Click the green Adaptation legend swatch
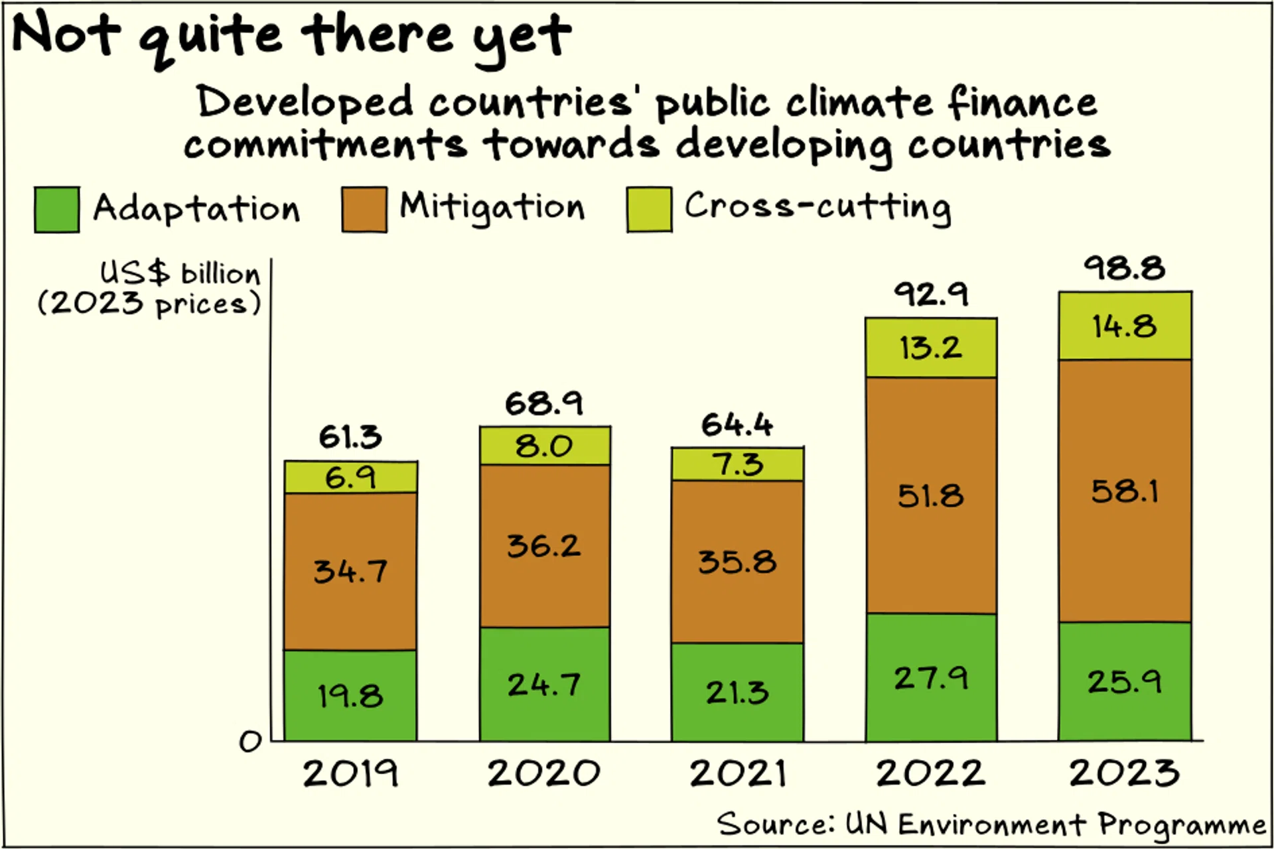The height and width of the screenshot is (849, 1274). pyautogui.click(x=57, y=210)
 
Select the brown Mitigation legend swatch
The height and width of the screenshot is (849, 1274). pyautogui.click(x=364, y=210)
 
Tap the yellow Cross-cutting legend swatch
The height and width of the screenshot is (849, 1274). pyautogui.click(x=649, y=210)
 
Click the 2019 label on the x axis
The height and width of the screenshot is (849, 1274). pyautogui.click(x=350, y=773)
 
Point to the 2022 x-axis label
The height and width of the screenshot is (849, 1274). pyautogui.click(x=930, y=773)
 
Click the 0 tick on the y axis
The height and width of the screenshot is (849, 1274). pyautogui.click(x=250, y=742)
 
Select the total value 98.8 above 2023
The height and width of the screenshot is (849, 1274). pyautogui.click(x=1124, y=269)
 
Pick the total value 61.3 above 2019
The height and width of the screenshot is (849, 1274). pyautogui.click(x=350, y=436)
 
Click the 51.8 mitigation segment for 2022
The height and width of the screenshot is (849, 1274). pyautogui.click(x=930, y=495)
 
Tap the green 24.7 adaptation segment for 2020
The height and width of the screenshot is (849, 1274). pyautogui.click(x=544, y=685)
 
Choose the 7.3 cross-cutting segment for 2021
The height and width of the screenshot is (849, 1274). pyautogui.click(x=737, y=464)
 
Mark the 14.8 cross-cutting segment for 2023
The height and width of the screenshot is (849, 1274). pyautogui.click(x=1124, y=326)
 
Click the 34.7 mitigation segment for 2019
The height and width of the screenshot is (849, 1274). pyautogui.click(x=350, y=571)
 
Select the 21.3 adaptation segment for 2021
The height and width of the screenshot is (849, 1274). pyautogui.click(x=737, y=692)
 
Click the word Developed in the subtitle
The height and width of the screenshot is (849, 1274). pyautogui.click(x=305, y=103)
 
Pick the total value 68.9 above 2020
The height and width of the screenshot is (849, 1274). pyautogui.click(x=544, y=403)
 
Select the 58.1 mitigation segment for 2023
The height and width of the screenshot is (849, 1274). pyautogui.click(x=1124, y=491)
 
